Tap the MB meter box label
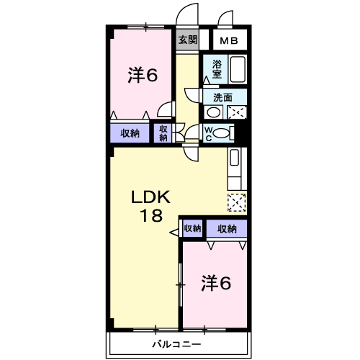coord(230,41)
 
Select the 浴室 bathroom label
coord(217,68)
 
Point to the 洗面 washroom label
coord(222,97)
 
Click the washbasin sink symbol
coord(213,112)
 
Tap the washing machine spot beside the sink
coord(237,112)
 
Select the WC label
coord(208,132)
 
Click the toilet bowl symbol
coord(224,132)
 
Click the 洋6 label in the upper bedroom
coord(143,75)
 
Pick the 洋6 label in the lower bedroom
coord(215,283)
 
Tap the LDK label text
coord(150,197)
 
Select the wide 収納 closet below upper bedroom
coord(130,132)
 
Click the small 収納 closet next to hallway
coord(163,132)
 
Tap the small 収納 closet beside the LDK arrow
coord(192,229)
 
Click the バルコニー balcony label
coord(176,344)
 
